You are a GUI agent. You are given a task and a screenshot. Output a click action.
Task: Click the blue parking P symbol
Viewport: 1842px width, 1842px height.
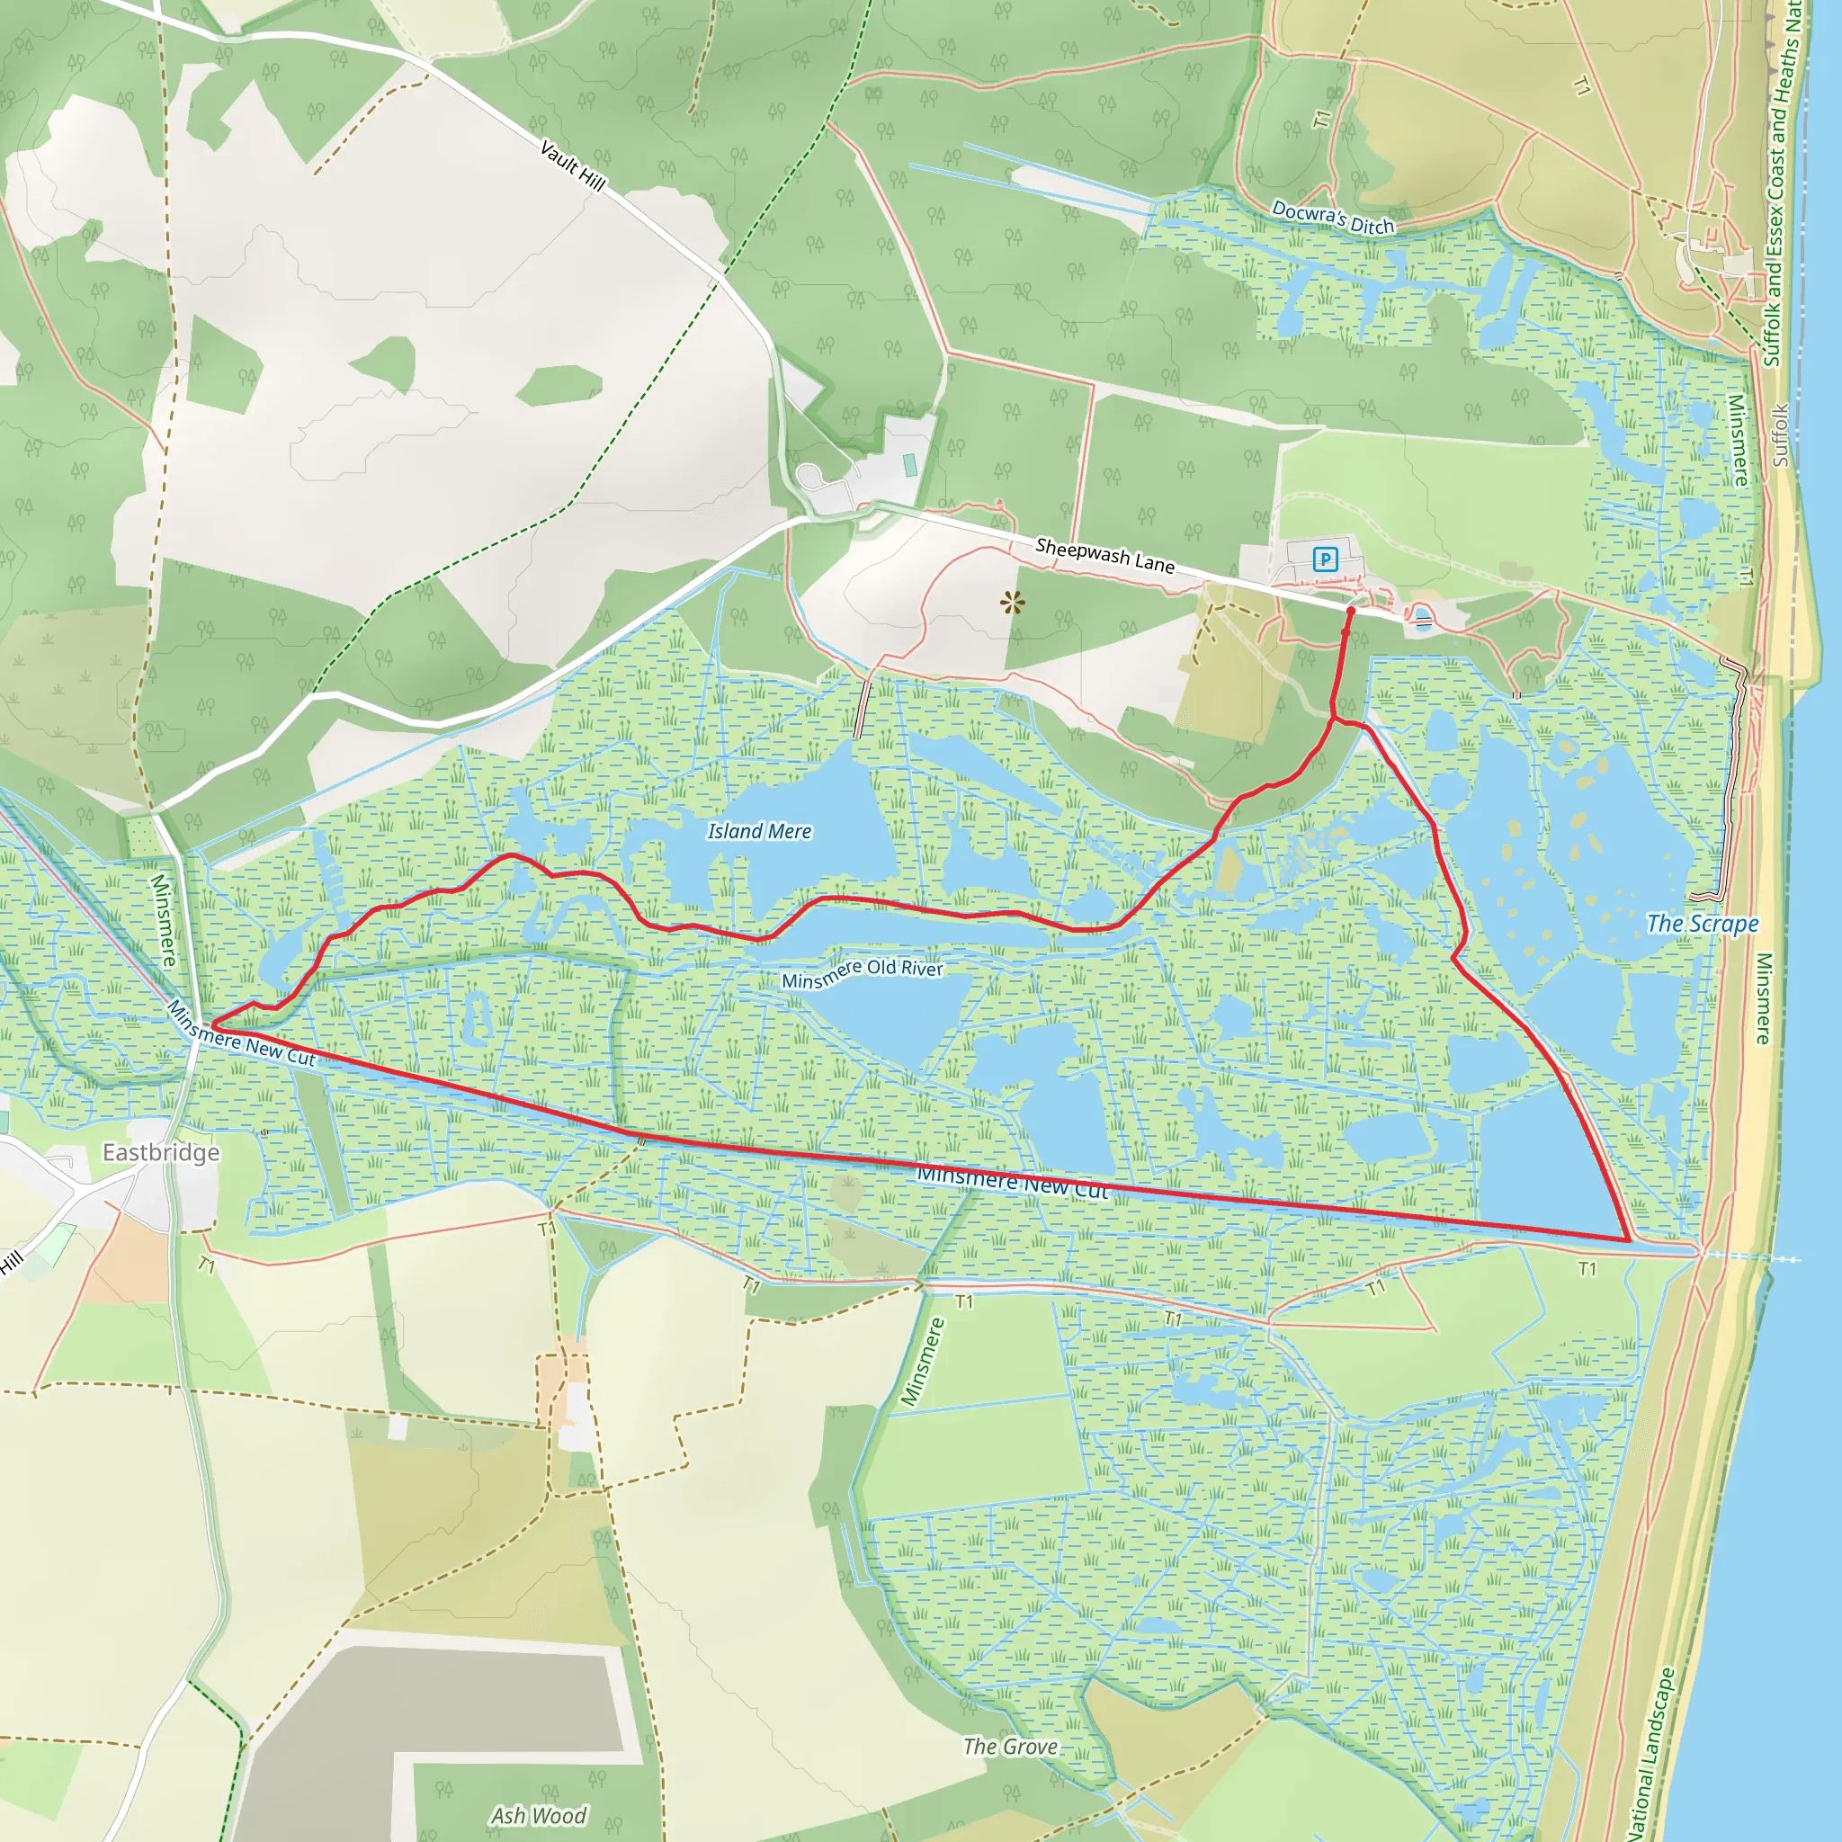[x=1325, y=559]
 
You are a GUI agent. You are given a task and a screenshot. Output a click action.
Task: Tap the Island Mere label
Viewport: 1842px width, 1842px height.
[x=759, y=831]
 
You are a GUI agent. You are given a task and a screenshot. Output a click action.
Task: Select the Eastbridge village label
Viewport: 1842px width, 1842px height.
[x=161, y=1153]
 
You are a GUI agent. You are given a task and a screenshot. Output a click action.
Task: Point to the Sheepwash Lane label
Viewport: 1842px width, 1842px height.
[x=1104, y=556]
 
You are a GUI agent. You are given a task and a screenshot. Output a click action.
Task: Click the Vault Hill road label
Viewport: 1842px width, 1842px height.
[x=572, y=165]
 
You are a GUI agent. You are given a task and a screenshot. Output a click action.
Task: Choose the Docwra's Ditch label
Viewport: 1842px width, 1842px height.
[x=1333, y=218]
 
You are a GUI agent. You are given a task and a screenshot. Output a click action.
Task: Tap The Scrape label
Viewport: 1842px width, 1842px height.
[x=1703, y=923]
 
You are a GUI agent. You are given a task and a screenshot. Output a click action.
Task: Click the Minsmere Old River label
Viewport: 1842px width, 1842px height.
[x=862, y=972]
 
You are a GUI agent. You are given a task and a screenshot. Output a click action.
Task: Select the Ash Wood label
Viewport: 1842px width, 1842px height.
[x=539, y=1815]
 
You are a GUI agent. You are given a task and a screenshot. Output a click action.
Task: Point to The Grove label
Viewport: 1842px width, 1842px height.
[x=1010, y=1747]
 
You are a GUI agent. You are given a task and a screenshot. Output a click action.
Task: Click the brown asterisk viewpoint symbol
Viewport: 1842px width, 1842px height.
[x=1013, y=603]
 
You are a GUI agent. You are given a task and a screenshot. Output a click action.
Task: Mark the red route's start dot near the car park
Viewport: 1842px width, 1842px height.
[x=1351, y=610]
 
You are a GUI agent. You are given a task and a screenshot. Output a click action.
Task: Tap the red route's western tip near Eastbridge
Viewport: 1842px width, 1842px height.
[x=210, y=1027]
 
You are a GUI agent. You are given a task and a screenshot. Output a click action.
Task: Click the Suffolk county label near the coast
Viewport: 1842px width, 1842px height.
[x=1780, y=435]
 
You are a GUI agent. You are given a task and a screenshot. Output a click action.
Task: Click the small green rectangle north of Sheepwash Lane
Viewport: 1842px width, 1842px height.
[x=909, y=465]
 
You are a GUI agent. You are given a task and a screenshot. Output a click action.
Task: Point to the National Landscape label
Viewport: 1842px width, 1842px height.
[x=1652, y=1754]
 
